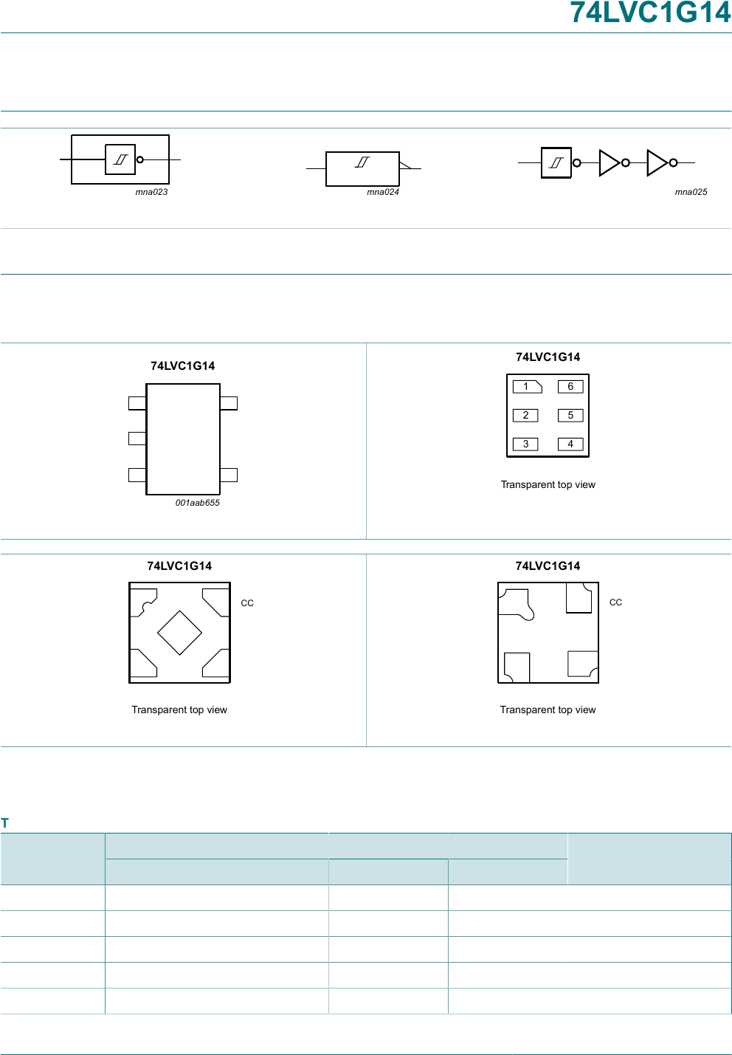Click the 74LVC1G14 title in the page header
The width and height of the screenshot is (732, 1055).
650,13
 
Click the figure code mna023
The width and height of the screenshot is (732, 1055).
151,192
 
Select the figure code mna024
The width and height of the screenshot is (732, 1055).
383,192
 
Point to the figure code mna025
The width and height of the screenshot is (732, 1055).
691,192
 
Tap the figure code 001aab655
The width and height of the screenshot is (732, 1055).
197,503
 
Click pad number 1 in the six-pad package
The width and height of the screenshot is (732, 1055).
527,387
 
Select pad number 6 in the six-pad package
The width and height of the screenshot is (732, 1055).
570,387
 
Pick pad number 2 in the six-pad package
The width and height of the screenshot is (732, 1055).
525,416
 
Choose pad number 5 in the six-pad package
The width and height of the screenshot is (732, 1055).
570,416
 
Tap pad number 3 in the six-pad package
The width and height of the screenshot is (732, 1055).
525,444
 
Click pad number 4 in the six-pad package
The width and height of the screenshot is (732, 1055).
570,444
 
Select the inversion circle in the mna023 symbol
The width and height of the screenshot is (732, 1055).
139,159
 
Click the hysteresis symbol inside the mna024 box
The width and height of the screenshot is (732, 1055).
362,162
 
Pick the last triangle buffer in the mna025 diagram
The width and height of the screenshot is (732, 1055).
657,163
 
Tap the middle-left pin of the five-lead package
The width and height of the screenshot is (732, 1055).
137,439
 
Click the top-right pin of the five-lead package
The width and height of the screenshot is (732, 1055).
228,403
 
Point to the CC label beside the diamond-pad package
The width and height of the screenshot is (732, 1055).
247,603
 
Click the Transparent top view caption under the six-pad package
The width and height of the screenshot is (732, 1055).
548,484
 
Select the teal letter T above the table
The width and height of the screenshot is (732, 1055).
4,823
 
